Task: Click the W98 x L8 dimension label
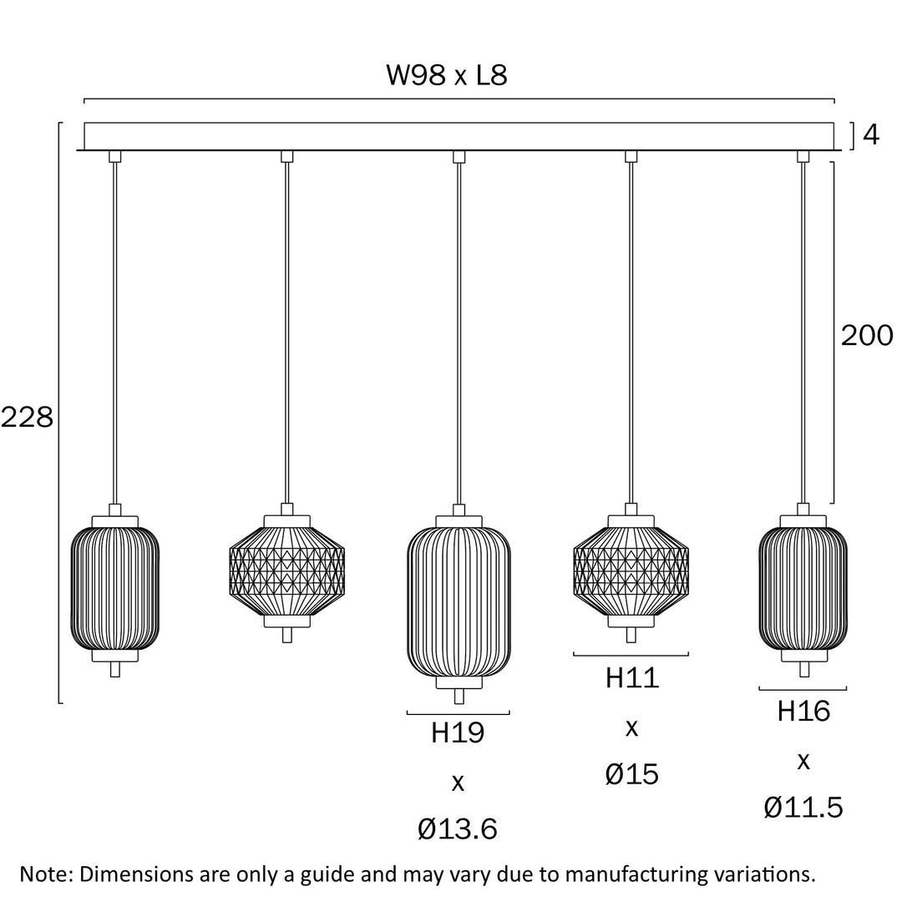447,75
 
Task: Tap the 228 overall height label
27,417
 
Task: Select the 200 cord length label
866,336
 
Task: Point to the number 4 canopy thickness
871,135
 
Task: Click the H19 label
458,733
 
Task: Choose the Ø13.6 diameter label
458,829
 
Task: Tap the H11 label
631,678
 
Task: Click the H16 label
803,712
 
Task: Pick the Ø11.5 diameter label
803,808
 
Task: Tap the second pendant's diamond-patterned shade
286,570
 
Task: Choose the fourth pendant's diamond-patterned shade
631,570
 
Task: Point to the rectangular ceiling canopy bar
459,136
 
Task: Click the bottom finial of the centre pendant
458,697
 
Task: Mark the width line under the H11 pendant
631,655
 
